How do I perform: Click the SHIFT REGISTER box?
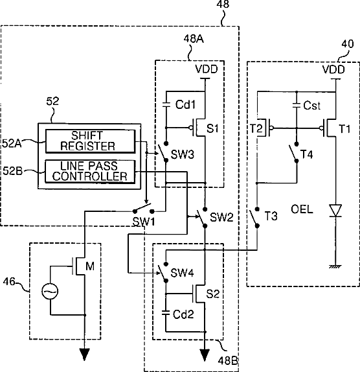(x=90, y=141)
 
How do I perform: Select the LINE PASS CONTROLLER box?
(x=90, y=171)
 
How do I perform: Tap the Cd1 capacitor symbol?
(x=166, y=104)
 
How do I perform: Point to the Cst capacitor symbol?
(x=297, y=104)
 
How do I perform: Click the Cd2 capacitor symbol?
(x=166, y=313)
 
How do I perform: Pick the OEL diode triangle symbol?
(x=335, y=211)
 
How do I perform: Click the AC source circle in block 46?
(x=50, y=292)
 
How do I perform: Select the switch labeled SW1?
(x=143, y=209)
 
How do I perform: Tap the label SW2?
(x=221, y=217)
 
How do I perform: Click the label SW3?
(x=182, y=155)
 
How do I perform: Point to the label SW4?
(x=182, y=273)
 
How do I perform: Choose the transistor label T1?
(x=344, y=129)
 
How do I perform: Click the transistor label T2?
(x=256, y=128)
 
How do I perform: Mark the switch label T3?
(x=271, y=216)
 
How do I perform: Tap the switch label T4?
(x=307, y=154)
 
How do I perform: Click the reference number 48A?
(x=194, y=39)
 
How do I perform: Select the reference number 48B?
(x=227, y=361)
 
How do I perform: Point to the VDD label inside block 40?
(x=333, y=69)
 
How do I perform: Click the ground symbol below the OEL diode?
(x=335, y=266)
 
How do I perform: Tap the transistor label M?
(x=90, y=266)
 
